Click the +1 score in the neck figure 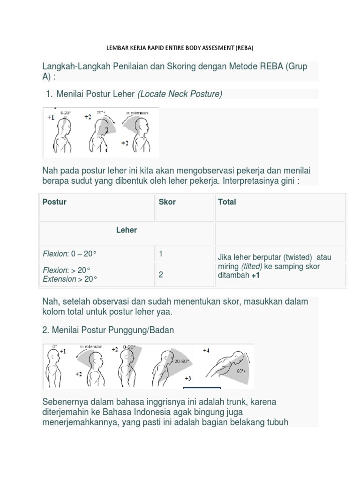51,118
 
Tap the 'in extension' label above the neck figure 137,113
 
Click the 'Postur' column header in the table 54,202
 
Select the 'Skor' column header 167,202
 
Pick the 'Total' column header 227,202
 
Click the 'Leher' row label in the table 127,230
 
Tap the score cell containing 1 161,254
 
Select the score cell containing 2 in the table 161,275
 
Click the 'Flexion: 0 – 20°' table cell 69,254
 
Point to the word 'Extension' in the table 59,279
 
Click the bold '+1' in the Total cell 255,276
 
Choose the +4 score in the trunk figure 206,350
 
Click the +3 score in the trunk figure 188,378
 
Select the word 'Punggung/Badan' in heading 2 145,330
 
